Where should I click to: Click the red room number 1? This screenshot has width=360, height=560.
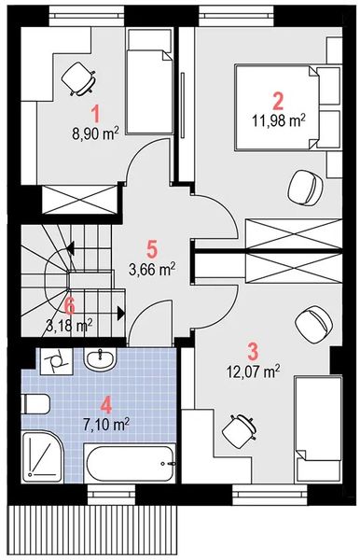(95, 115)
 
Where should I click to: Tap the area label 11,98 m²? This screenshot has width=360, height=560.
(279, 120)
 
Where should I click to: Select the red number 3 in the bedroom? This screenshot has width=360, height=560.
(253, 352)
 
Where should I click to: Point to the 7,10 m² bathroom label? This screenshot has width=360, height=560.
(106, 425)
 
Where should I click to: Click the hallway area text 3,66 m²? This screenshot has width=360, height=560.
(152, 269)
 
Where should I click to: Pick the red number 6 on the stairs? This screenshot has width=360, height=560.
(70, 306)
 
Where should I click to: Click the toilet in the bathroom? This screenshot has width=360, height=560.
(35, 404)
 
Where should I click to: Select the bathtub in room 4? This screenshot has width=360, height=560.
(131, 463)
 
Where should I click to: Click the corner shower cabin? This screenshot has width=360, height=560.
(43, 456)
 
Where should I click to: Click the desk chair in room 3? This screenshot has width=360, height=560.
(240, 430)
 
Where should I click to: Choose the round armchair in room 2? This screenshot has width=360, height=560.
(305, 187)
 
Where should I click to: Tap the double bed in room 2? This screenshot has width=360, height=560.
(276, 107)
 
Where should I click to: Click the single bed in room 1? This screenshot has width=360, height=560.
(150, 82)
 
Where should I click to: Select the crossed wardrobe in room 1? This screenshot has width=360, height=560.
(79, 200)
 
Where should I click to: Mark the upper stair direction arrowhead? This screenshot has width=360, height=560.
(70, 247)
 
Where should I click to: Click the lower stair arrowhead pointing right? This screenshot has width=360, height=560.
(121, 314)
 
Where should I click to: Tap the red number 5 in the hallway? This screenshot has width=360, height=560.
(152, 249)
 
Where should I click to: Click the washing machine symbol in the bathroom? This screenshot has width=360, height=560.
(56, 361)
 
